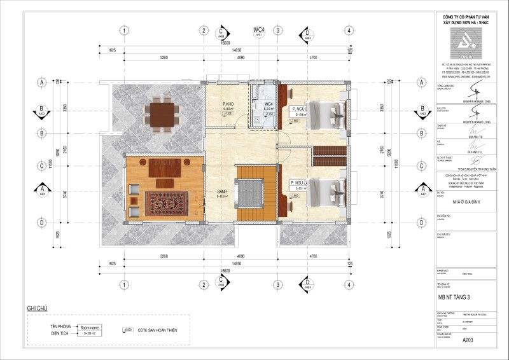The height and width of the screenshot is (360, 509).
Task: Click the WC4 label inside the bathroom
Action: click(x=268, y=104)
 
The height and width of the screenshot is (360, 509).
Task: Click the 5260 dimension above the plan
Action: click(x=164, y=57)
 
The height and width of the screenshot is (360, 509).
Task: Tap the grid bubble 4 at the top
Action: click(x=349, y=31)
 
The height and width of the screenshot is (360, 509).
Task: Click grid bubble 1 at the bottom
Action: click(x=125, y=284)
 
